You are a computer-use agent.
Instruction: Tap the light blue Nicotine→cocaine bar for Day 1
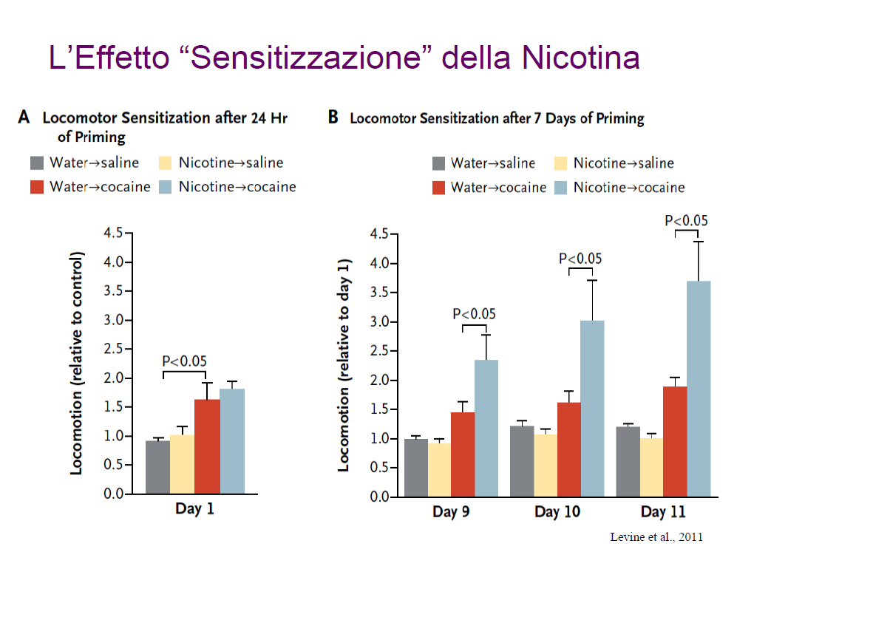click(232, 440)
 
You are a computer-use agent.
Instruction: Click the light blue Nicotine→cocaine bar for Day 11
click(698, 389)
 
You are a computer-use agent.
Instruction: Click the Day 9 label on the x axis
click(451, 513)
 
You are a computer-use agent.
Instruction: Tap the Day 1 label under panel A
click(194, 509)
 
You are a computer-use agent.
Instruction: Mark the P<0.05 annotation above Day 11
click(687, 220)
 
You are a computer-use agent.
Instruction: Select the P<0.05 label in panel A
click(184, 361)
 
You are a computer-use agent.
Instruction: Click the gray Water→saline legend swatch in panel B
click(439, 163)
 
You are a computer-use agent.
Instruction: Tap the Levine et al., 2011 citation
click(656, 537)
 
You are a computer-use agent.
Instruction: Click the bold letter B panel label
click(333, 117)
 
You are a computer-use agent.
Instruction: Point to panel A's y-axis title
click(76, 364)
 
